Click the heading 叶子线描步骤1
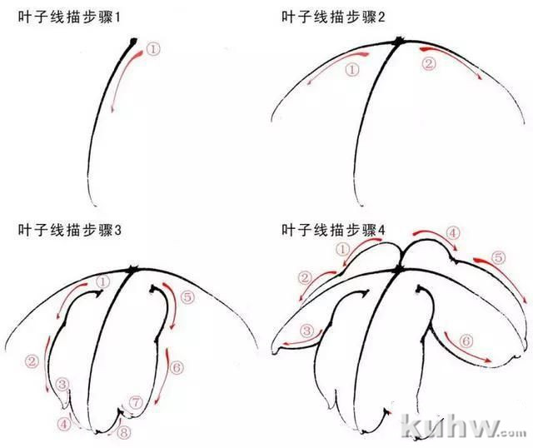point(69,17)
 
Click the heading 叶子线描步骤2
point(333,17)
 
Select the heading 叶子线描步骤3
point(69,230)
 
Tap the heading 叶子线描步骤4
point(333,230)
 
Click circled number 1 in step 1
point(153,50)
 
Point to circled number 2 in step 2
point(429,63)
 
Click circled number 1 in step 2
point(352,70)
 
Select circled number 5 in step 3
point(187,297)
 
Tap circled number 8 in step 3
point(124,433)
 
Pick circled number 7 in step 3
point(136,402)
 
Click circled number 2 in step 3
point(32,361)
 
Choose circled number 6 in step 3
point(177,367)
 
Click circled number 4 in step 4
point(452,233)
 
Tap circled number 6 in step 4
point(466,341)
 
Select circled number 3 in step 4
point(306,331)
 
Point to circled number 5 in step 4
point(498,257)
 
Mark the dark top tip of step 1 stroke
point(133,41)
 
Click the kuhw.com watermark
point(463,426)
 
